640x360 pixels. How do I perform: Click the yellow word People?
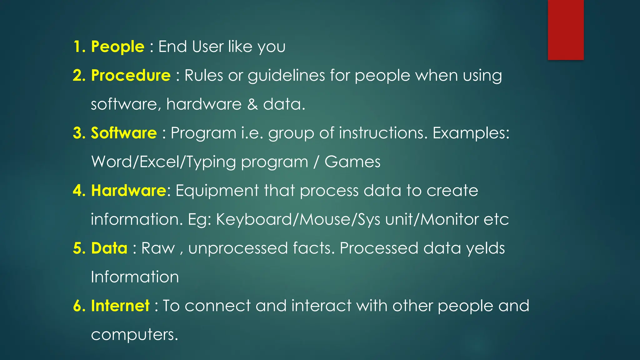click(x=117, y=47)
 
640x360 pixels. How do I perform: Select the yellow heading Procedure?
click(x=131, y=76)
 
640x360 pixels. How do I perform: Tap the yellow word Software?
click(x=124, y=133)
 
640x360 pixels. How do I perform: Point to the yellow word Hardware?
click(x=128, y=191)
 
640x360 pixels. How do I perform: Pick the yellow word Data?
click(x=109, y=248)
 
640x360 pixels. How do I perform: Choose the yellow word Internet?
click(x=120, y=306)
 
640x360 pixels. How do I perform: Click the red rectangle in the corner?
click(x=566, y=30)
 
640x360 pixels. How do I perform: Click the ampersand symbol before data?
click(x=252, y=104)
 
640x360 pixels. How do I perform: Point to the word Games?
click(x=352, y=162)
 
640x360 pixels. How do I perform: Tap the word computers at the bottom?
click(x=134, y=335)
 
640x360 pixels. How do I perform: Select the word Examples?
click(x=471, y=133)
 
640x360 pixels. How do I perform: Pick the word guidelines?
click(x=286, y=76)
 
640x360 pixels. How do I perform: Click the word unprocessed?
click(x=238, y=248)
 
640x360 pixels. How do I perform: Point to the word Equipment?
click(x=217, y=191)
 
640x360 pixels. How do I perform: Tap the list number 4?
click(x=79, y=191)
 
